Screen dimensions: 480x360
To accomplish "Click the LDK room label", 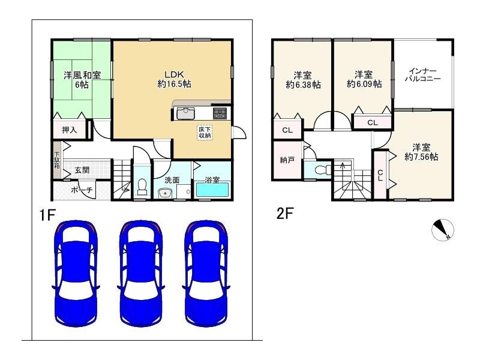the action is tap(174, 74).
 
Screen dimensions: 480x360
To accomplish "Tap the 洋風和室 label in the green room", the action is tap(82, 75).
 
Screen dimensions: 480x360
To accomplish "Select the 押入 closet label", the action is tap(70, 130).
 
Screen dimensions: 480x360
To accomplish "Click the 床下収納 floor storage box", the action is tap(205, 133).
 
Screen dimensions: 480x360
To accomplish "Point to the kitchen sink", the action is tap(185, 114).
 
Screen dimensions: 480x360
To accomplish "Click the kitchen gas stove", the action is tap(220, 113).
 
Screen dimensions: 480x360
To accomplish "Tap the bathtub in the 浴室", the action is tap(212, 190).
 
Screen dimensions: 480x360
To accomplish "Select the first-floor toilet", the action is tap(142, 187).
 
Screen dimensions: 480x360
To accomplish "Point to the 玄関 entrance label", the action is tap(82, 170).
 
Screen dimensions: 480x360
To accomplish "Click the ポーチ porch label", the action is tap(82, 190).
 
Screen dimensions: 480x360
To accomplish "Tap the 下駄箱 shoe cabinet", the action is tap(57, 160).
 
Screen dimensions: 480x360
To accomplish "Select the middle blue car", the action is tap(141, 274).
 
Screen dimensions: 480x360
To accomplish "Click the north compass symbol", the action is tap(443, 230).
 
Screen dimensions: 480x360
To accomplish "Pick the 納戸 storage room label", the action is tap(287, 160).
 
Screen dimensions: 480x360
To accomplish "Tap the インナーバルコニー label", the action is tap(423, 74).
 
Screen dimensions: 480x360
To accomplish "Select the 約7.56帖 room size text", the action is tap(421, 157).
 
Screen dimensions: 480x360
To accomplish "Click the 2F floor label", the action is tap(285, 214).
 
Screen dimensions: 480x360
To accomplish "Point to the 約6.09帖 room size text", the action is tap(364, 84).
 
